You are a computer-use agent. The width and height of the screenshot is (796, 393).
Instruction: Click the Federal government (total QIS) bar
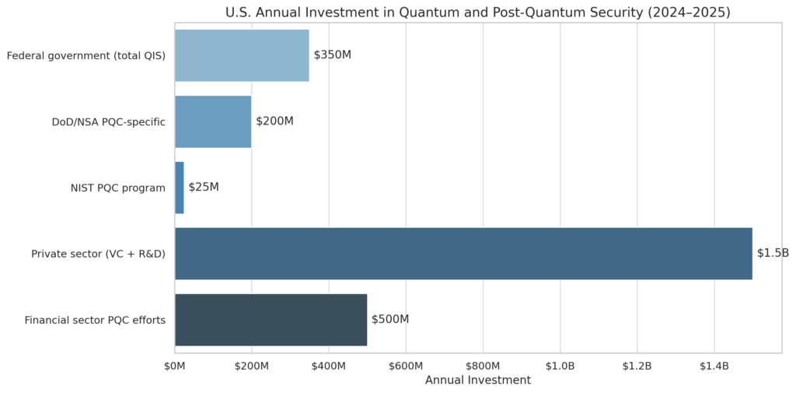(x=242, y=55)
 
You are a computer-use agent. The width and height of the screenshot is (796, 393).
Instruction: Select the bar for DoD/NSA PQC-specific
(x=213, y=121)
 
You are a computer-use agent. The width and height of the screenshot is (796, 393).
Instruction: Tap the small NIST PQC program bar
(x=180, y=188)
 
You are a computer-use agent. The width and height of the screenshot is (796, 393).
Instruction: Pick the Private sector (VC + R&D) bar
(x=463, y=254)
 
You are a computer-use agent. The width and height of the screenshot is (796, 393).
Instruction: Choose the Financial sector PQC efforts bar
(x=271, y=320)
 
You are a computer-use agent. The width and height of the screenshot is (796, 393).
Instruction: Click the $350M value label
(x=333, y=55)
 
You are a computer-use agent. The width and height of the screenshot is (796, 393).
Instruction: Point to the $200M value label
(x=274, y=121)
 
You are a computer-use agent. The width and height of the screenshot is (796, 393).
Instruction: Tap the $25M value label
(x=204, y=188)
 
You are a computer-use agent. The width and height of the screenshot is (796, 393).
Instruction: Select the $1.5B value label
(x=773, y=254)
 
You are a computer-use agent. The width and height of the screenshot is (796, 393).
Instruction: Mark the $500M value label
(x=390, y=320)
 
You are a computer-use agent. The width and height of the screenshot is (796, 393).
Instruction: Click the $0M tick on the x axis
(x=175, y=366)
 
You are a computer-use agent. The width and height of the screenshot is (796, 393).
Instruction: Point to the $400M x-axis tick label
(x=329, y=366)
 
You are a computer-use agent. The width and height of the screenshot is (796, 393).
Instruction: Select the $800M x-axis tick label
(x=483, y=366)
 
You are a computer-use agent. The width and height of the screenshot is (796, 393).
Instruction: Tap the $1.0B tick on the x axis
(x=560, y=366)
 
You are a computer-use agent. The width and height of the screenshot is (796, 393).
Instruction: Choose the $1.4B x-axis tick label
(x=714, y=366)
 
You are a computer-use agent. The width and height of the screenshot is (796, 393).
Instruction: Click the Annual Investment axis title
(x=478, y=381)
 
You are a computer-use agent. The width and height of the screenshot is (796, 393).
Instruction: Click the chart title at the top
(x=477, y=12)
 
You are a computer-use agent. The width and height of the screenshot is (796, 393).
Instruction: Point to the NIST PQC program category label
(x=117, y=188)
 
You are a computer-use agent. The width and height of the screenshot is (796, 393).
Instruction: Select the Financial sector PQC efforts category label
(x=95, y=320)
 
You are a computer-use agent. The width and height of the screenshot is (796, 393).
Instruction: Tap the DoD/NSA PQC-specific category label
(x=108, y=121)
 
